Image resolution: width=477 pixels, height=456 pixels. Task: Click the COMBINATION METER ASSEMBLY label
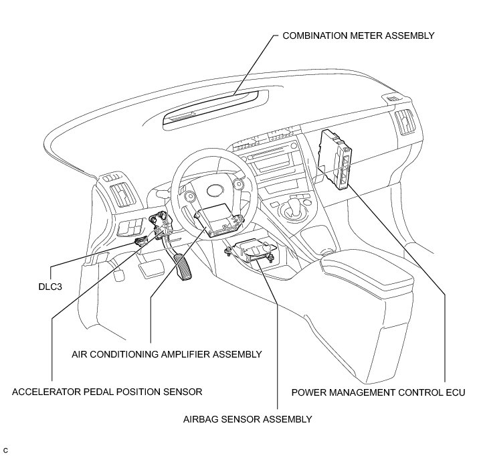click(359, 35)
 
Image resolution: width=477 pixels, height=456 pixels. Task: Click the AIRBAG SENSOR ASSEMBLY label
click(248, 420)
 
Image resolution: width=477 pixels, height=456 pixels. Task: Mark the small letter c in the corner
click(5, 447)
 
